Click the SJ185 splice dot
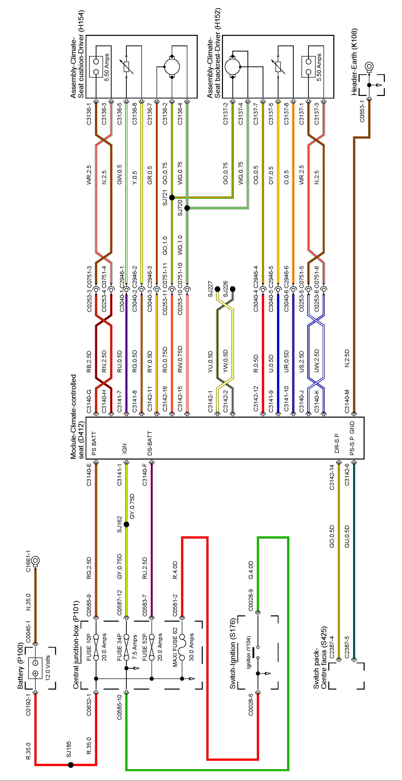(71, 765)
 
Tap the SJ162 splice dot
(126, 524)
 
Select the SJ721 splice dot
(172, 198)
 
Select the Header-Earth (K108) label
(354, 62)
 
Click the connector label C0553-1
(362, 111)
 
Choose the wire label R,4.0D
(175, 570)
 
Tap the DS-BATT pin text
(149, 443)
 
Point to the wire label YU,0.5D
(210, 362)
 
